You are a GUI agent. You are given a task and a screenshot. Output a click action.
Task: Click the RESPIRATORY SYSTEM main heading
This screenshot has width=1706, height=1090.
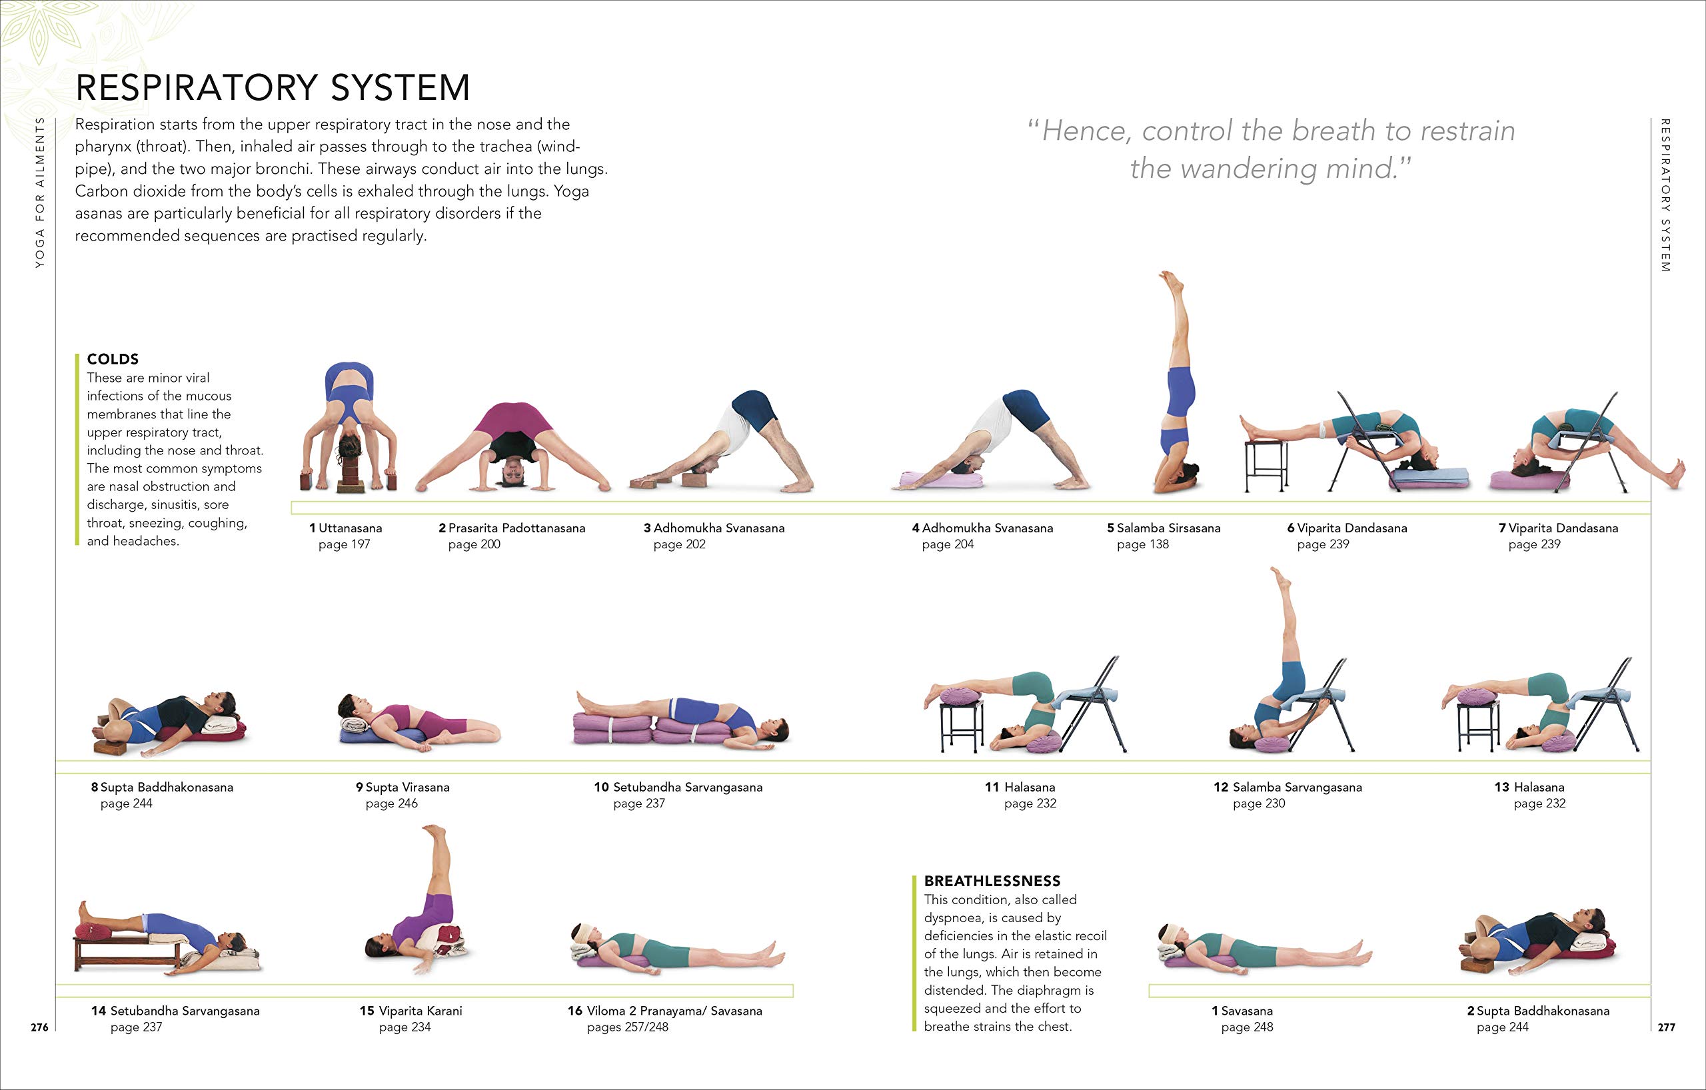click(x=272, y=88)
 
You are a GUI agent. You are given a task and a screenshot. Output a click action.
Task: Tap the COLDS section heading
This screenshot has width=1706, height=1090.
click(x=113, y=359)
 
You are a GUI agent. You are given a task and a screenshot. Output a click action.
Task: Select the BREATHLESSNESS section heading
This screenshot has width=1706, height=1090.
click(x=992, y=881)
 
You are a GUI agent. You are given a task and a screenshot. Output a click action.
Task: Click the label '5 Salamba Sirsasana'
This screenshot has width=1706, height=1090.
click(x=1164, y=528)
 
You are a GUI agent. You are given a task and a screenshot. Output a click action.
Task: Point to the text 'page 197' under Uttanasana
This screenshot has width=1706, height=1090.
click(x=345, y=544)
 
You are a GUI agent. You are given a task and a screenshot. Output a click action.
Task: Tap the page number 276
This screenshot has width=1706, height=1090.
click(x=40, y=1027)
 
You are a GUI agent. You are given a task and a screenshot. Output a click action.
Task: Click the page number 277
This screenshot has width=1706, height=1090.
click(x=1666, y=1027)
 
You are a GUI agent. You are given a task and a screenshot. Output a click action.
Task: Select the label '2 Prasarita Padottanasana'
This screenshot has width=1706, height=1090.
click(x=512, y=528)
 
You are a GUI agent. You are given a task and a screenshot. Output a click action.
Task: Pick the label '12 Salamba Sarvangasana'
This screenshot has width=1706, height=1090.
click(x=1287, y=787)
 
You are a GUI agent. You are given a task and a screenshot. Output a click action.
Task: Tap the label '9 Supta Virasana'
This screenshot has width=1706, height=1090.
click(x=403, y=787)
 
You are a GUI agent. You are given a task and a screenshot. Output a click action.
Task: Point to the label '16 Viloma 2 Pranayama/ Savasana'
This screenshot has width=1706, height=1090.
click(x=664, y=1011)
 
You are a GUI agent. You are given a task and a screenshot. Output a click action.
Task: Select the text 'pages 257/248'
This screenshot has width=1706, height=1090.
click(x=627, y=1027)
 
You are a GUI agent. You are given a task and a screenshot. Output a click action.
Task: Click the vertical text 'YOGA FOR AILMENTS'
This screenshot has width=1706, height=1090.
click(x=40, y=192)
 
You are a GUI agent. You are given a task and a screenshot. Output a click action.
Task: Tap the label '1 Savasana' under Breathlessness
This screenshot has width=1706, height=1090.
click(x=1242, y=1011)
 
